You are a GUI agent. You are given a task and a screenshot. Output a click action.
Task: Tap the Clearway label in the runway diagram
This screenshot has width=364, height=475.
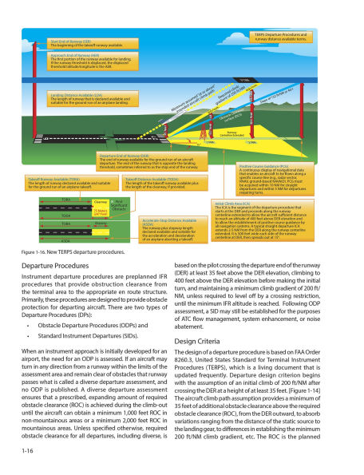[101, 203]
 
